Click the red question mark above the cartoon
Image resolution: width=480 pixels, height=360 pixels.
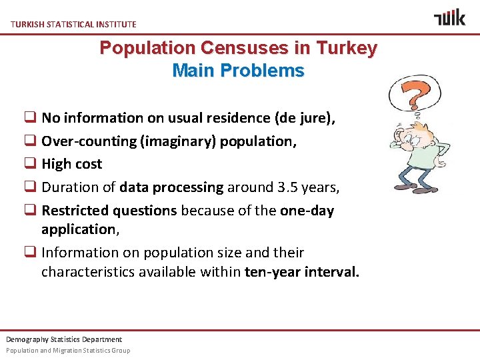[413, 93]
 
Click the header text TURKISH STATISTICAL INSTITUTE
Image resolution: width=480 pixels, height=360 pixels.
[73, 24]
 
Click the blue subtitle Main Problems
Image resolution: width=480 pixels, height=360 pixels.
[238, 71]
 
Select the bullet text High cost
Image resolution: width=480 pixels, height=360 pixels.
[72, 164]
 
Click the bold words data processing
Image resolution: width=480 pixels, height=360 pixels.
[171, 187]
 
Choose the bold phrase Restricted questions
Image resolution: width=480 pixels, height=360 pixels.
[109, 211]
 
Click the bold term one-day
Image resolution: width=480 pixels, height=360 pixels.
[307, 211]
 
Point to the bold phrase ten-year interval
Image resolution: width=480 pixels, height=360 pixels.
[302, 272]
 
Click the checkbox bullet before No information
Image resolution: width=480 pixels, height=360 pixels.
[31, 119]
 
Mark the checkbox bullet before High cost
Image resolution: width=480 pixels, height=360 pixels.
[31, 165]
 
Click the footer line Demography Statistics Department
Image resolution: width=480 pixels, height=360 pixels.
[64, 339]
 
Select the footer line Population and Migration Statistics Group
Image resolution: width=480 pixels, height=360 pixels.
[68, 350]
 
